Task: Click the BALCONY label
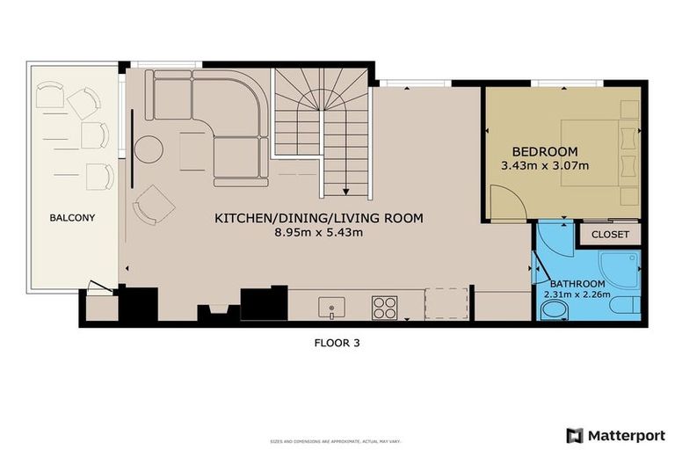(x=72, y=217)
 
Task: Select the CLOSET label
(x=609, y=235)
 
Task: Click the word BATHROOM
(x=577, y=283)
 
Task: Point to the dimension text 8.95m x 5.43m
(x=319, y=233)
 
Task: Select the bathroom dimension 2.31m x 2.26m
(x=577, y=294)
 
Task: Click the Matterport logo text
(x=624, y=435)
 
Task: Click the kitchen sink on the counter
(x=332, y=307)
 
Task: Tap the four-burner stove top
(x=385, y=307)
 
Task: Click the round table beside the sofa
(x=149, y=149)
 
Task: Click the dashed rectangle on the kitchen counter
(x=446, y=304)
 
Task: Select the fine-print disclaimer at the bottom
(x=337, y=439)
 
